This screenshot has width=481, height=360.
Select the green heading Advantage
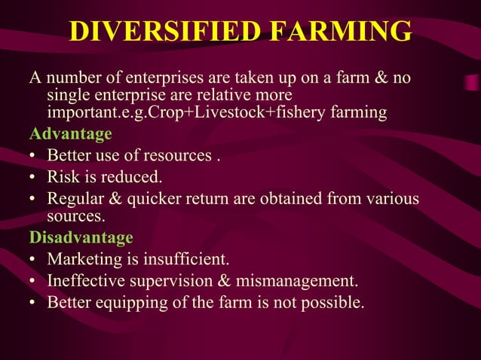tap(70, 135)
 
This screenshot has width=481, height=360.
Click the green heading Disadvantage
tap(81, 238)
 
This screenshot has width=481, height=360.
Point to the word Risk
tap(63, 178)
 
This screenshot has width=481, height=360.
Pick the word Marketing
tap(84, 260)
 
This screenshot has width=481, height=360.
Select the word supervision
tap(175, 282)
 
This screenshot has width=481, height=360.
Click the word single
tap(66, 96)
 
